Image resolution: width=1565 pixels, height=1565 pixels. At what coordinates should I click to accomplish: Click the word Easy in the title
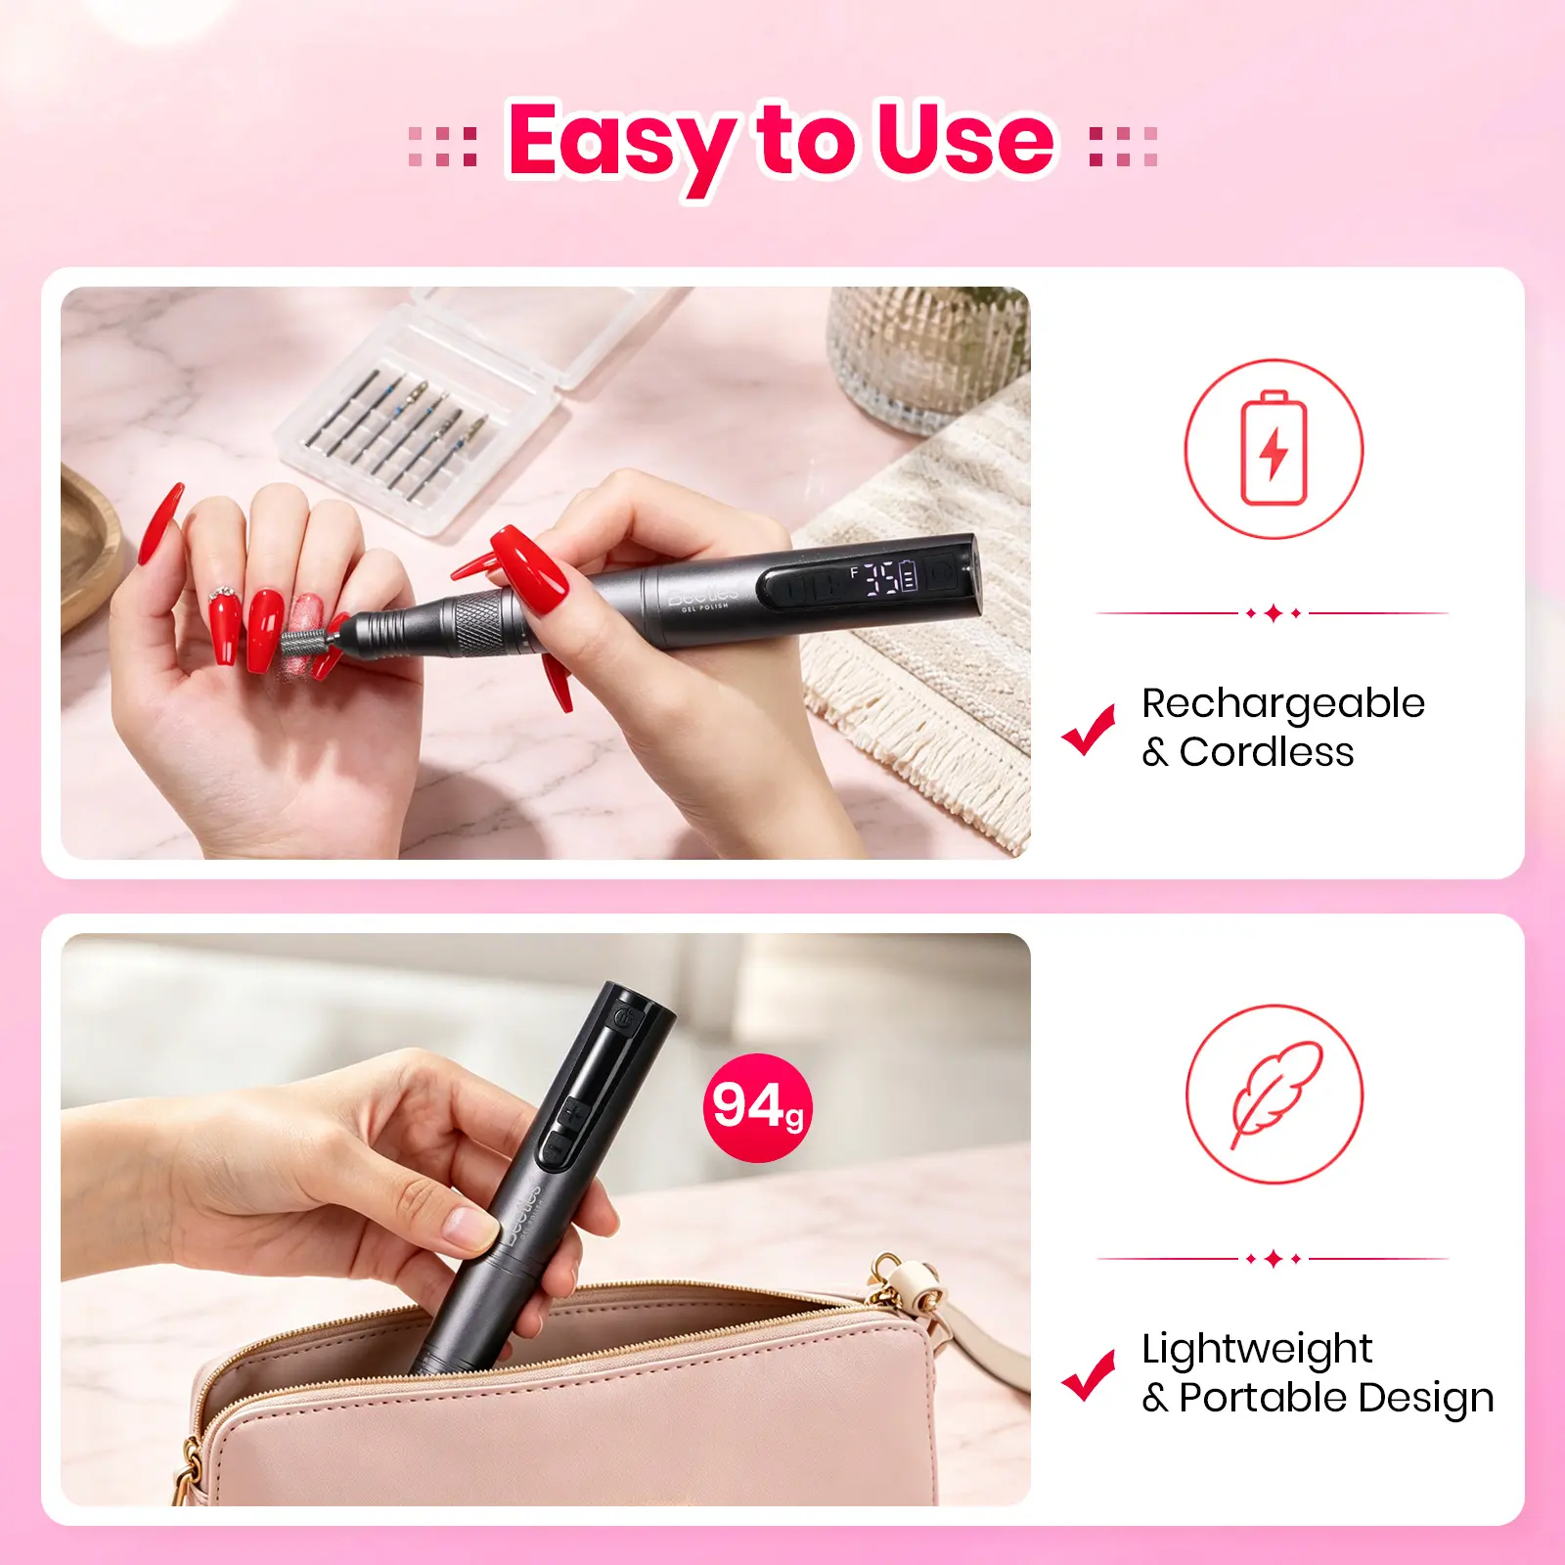tap(622, 144)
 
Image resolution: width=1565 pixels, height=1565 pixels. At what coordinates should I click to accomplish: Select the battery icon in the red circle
tap(1274, 448)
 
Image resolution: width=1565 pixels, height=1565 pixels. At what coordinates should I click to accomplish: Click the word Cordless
tap(1267, 752)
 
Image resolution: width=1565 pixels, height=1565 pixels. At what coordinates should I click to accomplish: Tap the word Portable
tap(1263, 1398)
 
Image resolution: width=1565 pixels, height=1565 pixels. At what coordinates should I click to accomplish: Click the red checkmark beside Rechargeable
tap(1089, 730)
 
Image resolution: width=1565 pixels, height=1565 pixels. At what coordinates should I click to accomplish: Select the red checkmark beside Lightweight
tap(1089, 1375)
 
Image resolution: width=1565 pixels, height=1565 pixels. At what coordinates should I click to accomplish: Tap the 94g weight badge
tap(758, 1107)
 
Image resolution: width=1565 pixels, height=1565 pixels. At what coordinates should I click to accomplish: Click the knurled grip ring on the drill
tap(479, 623)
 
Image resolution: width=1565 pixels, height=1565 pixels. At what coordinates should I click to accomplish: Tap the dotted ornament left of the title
tap(443, 146)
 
